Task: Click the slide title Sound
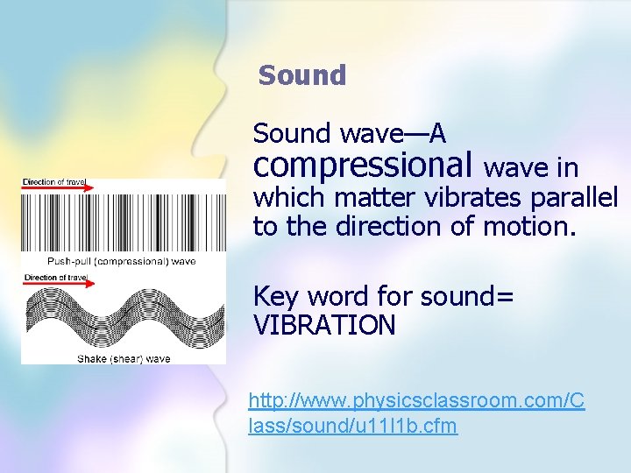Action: click(302, 75)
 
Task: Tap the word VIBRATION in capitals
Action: click(324, 326)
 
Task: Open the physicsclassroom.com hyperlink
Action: click(416, 413)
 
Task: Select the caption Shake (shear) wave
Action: click(124, 358)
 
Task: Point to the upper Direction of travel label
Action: click(53, 181)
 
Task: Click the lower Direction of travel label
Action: click(53, 278)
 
